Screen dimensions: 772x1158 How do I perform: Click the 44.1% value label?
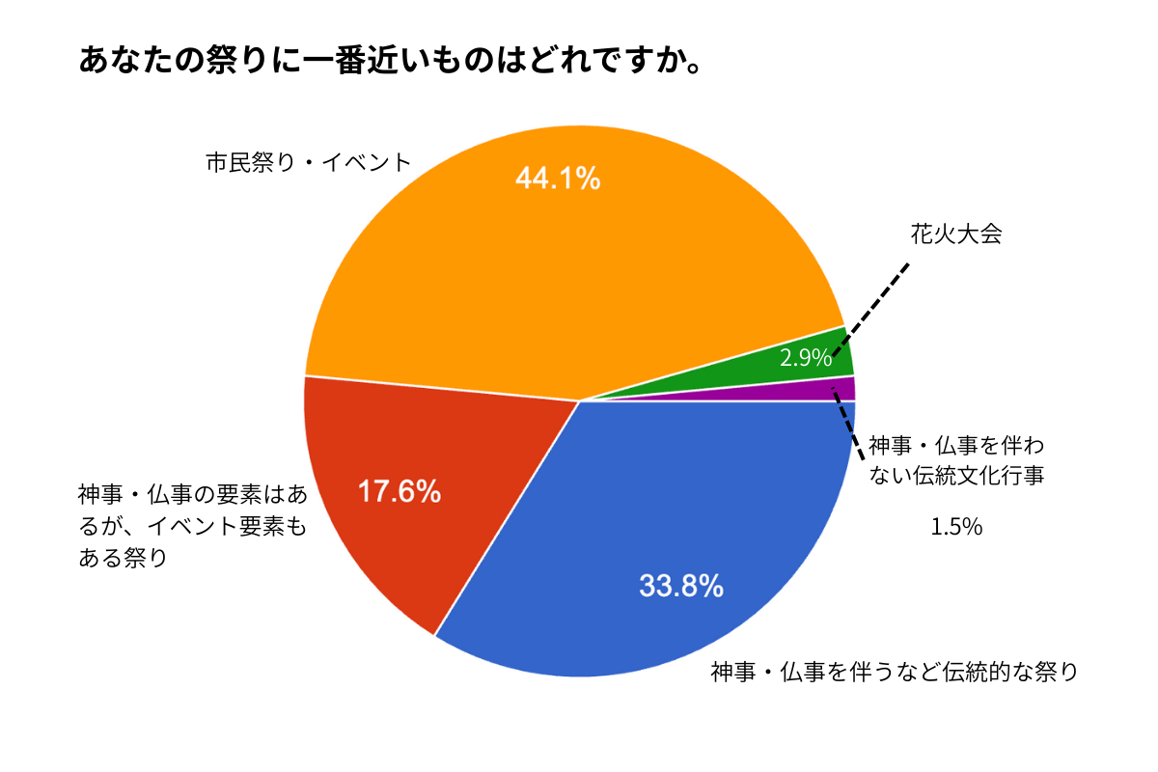[558, 179]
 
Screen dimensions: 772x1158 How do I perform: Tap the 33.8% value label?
[681, 586]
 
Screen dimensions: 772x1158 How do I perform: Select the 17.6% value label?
[400, 492]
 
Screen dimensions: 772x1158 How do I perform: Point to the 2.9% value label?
[806, 359]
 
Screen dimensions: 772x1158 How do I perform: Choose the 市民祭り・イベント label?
[309, 162]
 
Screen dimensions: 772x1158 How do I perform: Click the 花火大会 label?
[955, 234]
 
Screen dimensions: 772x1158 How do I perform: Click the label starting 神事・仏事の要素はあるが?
[193, 526]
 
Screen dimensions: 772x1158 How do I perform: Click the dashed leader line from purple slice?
[847, 426]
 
